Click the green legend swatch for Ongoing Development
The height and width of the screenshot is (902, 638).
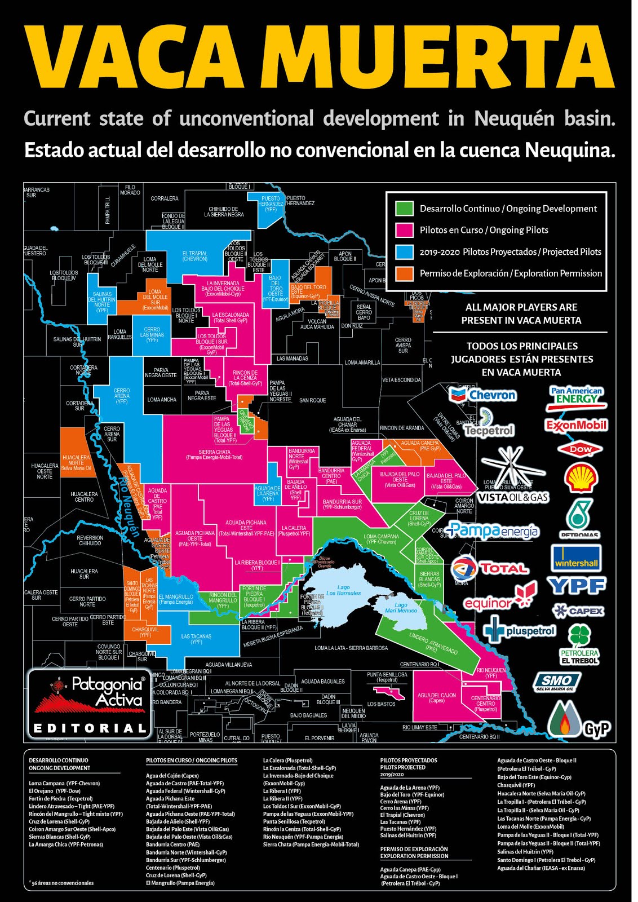coord(404,209)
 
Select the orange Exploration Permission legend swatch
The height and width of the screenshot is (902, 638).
coord(404,273)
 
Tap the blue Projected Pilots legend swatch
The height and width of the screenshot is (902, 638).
coord(404,252)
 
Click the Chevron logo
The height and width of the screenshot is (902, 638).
coord(484,395)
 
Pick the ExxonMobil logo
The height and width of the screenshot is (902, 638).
coord(577,425)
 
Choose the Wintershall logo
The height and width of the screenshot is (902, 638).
coord(576,559)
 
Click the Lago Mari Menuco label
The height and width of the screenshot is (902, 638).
coord(401,607)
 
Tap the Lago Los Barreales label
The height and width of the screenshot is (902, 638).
coord(343,590)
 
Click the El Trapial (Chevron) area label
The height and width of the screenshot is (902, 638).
coord(194,256)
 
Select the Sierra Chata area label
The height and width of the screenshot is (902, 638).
coord(214,454)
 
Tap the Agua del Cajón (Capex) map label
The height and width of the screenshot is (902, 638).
coord(437,698)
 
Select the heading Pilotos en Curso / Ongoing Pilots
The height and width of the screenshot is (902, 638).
coord(192,760)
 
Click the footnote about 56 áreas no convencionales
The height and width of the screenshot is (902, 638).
coord(61,883)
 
